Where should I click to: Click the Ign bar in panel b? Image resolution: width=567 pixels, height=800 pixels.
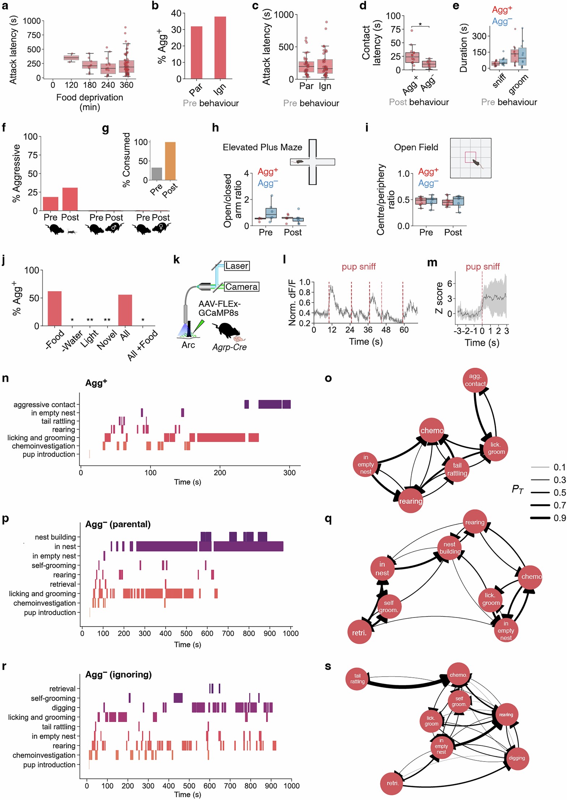tap(220, 48)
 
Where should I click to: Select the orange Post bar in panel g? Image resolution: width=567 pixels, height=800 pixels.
tap(170, 161)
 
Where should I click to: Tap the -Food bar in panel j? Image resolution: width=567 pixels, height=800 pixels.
tap(55, 308)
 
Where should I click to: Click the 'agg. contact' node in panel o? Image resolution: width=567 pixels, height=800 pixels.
tap(475, 380)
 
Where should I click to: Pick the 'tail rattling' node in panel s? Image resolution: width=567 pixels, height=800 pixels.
tap(357, 679)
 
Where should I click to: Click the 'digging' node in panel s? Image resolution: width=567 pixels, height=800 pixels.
tap(516, 758)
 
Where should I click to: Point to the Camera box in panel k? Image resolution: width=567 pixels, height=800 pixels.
tap(241, 287)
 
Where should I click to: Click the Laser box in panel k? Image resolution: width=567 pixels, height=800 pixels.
tap(237, 266)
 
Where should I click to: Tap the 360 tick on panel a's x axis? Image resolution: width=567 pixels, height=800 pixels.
tap(127, 85)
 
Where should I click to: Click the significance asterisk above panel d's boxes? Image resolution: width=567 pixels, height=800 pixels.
tap(420, 25)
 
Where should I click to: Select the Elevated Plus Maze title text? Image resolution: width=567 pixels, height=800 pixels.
tap(262, 147)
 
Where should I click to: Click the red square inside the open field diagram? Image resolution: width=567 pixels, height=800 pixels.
tap(470, 157)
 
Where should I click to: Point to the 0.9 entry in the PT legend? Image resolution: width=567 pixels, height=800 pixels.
tap(559, 518)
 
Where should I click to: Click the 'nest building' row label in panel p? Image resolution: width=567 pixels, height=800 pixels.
tap(55, 537)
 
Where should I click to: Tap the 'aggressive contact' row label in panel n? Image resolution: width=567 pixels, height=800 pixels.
tap(44, 405)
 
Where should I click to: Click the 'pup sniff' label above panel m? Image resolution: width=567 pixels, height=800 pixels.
tap(482, 267)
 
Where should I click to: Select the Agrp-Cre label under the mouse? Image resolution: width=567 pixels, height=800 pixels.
tap(229, 347)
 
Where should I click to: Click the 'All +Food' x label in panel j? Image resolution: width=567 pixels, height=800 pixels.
tap(143, 345)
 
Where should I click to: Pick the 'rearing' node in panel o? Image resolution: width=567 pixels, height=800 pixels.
tap(410, 501)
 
